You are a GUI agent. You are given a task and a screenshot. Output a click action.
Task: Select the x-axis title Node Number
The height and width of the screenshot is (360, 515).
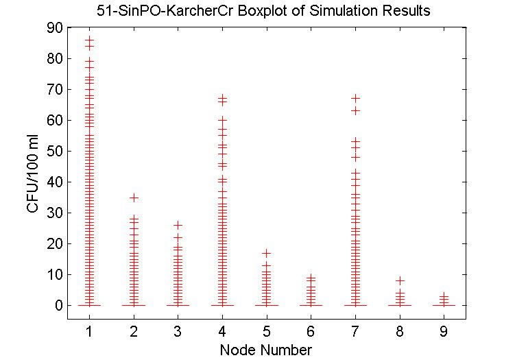coord(265,350)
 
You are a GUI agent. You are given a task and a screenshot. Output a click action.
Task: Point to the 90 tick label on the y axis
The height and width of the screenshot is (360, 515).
coord(55,28)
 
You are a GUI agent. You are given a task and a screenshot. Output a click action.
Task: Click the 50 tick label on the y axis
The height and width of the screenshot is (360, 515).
coord(55,152)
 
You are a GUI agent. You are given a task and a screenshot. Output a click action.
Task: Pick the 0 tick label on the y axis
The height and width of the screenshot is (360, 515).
coord(59,305)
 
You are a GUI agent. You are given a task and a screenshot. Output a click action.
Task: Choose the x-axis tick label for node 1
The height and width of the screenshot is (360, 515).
coord(89,333)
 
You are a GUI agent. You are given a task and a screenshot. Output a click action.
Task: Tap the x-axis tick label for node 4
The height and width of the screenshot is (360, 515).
coord(222,333)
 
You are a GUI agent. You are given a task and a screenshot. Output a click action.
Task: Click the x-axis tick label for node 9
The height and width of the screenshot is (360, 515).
coord(444,333)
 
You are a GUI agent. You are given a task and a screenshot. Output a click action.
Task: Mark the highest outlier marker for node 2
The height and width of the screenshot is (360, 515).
coord(134,197)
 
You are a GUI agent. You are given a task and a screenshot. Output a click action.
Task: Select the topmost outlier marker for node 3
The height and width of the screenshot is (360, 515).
coord(178,225)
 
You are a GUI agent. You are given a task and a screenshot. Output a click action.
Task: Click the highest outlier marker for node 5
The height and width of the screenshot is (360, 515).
coord(267,253)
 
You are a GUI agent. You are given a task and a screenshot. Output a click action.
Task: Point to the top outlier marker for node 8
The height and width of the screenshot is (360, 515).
coord(400,280)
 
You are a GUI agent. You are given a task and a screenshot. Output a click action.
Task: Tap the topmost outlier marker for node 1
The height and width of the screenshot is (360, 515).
coord(89,40)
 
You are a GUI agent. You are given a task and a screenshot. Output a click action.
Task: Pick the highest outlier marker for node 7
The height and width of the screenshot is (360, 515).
coord(355,98)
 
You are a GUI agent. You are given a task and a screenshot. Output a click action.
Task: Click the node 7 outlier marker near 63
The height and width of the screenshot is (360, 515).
coord(355,110)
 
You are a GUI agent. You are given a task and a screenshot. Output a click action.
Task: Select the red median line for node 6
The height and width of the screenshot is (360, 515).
coord(311,305)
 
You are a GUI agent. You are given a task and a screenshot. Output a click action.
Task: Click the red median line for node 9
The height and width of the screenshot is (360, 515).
coord(444,305)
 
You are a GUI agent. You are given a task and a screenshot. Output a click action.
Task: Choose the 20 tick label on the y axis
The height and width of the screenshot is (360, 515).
coord(55,243)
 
